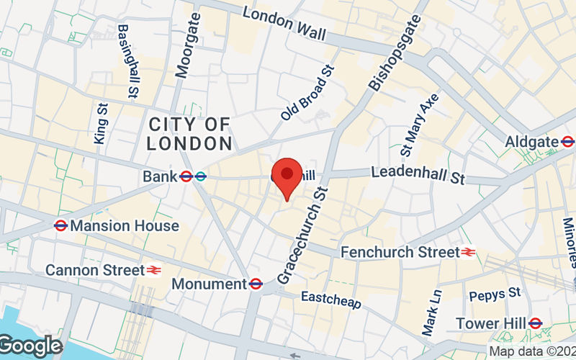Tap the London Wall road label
click(284, 23)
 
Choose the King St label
click(100, 122)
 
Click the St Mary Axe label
click(419, 124)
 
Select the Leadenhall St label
click(418, 173)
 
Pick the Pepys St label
click(494, 294)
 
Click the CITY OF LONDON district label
click(189, 134)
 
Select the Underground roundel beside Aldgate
click(568, 141)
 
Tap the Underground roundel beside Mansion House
click(60, 226)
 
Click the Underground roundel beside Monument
click(256, 284)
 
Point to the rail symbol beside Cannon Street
click(154, 270)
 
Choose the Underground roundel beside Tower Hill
click(535, 323)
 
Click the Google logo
click(30, 346)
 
